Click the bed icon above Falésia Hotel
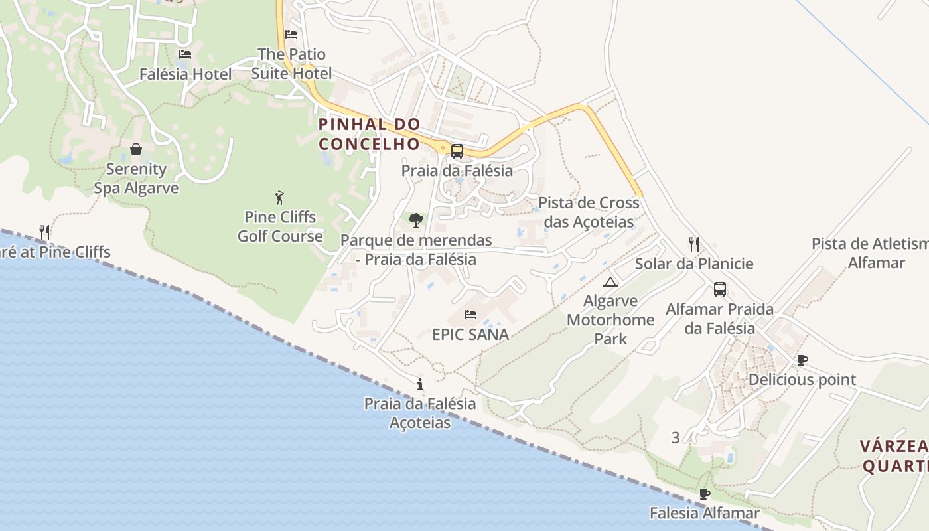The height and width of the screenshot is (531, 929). coord(185,54)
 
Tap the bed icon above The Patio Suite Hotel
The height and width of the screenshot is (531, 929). coord(291,34)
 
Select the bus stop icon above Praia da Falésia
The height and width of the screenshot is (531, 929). coord(457,151)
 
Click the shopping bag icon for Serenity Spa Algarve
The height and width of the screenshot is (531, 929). coord(136,149)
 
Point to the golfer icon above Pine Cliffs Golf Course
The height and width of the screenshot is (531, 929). coord(280,197)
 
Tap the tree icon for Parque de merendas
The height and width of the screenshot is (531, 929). coord(416,220)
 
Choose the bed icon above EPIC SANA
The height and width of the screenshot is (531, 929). coord(470,314)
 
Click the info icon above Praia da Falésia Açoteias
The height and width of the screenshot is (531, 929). coord(419,384)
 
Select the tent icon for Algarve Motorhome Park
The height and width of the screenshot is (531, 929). coord(610,282)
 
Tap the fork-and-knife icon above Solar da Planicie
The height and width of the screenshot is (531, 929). coord(694,244)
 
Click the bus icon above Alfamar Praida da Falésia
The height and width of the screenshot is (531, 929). coord(720,289)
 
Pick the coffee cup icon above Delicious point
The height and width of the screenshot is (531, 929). coord(802,360)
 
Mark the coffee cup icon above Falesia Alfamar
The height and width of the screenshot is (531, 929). coord(704,494)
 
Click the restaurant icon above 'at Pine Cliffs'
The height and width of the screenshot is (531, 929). coord(44,232)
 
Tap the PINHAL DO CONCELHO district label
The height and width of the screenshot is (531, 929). coord(370,134)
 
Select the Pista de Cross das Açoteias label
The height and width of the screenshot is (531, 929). coord(589,212)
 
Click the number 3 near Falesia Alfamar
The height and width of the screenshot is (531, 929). coord(676,437)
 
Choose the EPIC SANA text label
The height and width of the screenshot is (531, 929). coord(470,334)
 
